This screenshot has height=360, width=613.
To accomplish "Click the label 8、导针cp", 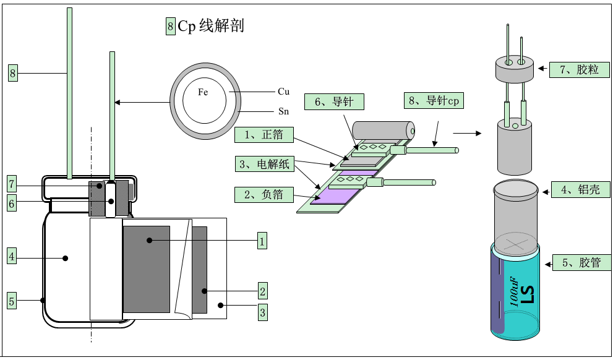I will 434,101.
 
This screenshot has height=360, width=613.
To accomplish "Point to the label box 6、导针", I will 334,102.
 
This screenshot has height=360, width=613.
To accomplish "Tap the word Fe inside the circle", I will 203,92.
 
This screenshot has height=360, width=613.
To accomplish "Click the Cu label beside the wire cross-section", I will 283,92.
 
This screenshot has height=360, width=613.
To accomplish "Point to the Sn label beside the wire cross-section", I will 283,111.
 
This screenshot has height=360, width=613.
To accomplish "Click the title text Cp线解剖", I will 211,26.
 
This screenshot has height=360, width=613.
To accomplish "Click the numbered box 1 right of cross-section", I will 262,241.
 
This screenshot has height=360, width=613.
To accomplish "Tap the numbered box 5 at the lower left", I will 12,301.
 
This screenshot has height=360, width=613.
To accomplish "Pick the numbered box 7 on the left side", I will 12,184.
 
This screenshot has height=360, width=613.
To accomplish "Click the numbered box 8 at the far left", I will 12,74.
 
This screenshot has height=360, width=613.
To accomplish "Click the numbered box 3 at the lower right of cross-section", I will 262,312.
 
